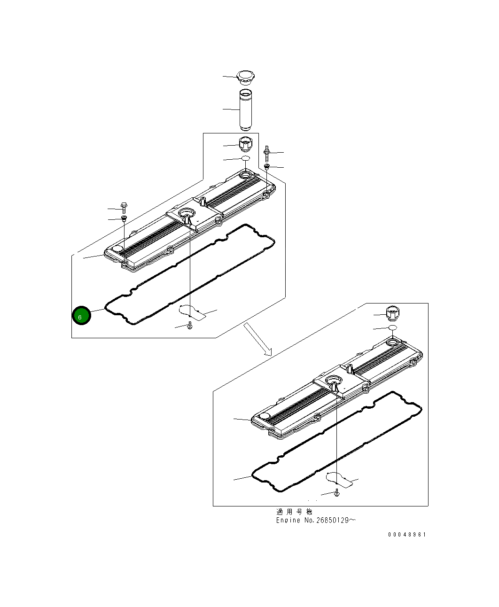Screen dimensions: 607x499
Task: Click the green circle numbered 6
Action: coord(80,316)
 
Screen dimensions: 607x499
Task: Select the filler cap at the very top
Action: coord(245,76)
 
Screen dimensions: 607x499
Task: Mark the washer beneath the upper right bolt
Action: coord(266,166)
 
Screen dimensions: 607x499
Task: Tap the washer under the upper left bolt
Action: coord(124,219)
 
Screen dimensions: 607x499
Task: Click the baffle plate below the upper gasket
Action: coord(193,312)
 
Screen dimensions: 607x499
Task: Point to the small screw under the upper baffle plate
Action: coord(189,326)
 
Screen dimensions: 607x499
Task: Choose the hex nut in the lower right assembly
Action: coord(392,312)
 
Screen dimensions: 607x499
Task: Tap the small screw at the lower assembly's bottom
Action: coord(337,493)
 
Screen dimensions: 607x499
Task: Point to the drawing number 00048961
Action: coord(407,535)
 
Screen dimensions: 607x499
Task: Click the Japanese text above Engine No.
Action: coord(294,512)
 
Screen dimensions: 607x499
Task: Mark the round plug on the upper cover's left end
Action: coord(117,249)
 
